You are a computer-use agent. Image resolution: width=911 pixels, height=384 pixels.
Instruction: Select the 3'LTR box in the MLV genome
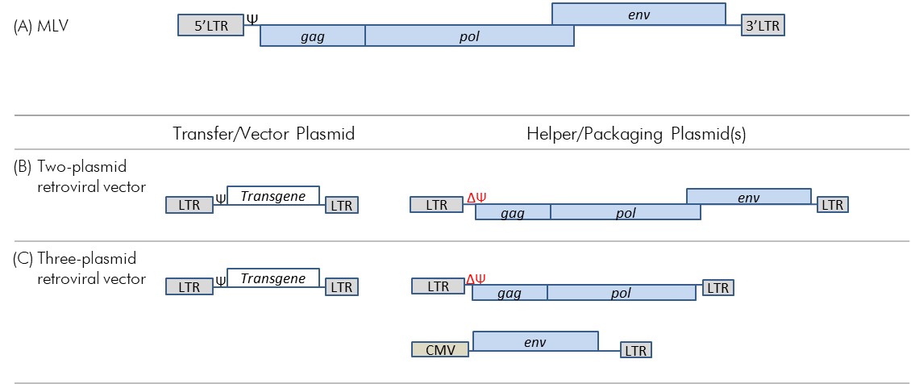tap(763, 26)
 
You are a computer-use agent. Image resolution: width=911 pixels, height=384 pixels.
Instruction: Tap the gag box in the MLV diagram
tap(313, 35)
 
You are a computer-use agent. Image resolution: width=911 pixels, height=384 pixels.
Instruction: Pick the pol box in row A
tap(469, 35)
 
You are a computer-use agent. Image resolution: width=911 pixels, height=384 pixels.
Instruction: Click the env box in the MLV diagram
tap(638, 14)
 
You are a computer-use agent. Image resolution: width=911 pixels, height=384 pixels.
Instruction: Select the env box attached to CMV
tap(535, 341)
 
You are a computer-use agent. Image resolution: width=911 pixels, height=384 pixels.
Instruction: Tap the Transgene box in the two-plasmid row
tap(273, 194)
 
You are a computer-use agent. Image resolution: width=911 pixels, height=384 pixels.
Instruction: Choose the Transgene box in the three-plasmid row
tap(273, 278)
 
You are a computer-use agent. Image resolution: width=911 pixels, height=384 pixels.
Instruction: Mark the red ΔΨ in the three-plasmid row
tap(476, 280)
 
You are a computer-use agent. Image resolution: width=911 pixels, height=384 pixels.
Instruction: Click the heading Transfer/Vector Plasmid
tap(264, 135)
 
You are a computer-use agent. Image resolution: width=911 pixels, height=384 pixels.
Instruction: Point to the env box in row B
tap(748, 196)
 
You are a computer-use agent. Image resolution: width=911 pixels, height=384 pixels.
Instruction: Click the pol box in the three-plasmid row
tap(621, 293)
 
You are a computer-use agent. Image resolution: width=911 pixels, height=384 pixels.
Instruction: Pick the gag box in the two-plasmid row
tap(513, 213)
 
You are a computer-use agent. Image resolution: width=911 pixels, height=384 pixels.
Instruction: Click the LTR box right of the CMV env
tap(635, 350)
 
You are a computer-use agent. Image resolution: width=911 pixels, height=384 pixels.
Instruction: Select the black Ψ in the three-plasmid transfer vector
tap(220, 282)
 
